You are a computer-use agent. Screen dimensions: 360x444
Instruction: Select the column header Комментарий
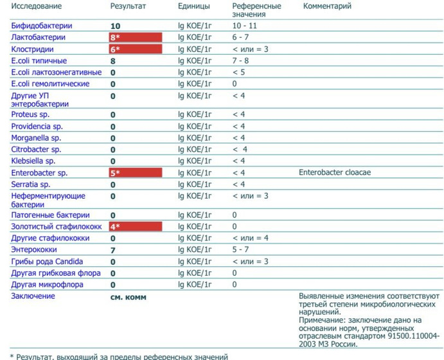coord(327,6)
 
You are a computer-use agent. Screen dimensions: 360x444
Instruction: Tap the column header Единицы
coord(193,6)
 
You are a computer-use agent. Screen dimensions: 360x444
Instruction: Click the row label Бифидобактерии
coord(41,26)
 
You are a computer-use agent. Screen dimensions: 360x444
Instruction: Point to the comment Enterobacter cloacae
coord(335,173)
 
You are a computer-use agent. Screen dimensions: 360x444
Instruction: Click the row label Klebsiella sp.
coord(33,161)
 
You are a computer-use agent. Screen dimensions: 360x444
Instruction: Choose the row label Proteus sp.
coord(30,114)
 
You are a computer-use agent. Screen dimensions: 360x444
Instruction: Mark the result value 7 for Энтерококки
coord(113,250)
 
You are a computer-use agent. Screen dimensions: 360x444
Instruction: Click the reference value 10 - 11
coord(244,26)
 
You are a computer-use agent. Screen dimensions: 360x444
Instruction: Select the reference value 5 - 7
coord(240,249)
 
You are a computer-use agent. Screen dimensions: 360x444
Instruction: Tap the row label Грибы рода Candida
coord(47,262)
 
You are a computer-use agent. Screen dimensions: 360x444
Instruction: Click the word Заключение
coord(33,296)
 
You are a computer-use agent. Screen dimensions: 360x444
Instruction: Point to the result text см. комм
coord(129,297)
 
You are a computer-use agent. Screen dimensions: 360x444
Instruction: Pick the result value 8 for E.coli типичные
coord(113,61)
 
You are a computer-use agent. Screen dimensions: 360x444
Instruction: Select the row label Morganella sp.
coord(36,138)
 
